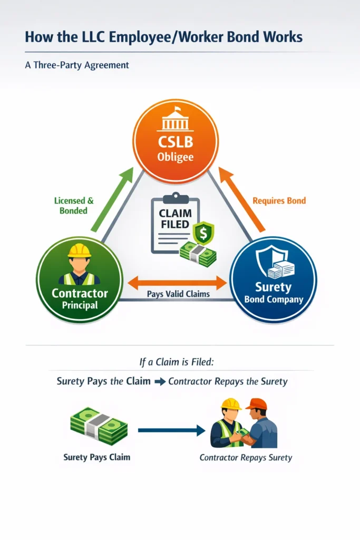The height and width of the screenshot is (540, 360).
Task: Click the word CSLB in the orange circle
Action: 176,142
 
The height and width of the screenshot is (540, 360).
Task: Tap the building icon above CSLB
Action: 176,121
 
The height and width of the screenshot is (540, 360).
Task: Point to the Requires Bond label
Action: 279,201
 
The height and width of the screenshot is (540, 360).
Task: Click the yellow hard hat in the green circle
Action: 80,250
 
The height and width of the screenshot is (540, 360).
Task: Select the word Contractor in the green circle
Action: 80,293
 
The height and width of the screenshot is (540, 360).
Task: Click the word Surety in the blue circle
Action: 273,287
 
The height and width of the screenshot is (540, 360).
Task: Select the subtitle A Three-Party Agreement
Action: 77,65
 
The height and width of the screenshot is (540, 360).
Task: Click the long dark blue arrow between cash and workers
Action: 171,431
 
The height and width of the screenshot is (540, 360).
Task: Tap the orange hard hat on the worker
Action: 256,404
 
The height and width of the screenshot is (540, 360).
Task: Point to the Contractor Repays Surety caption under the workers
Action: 245,458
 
